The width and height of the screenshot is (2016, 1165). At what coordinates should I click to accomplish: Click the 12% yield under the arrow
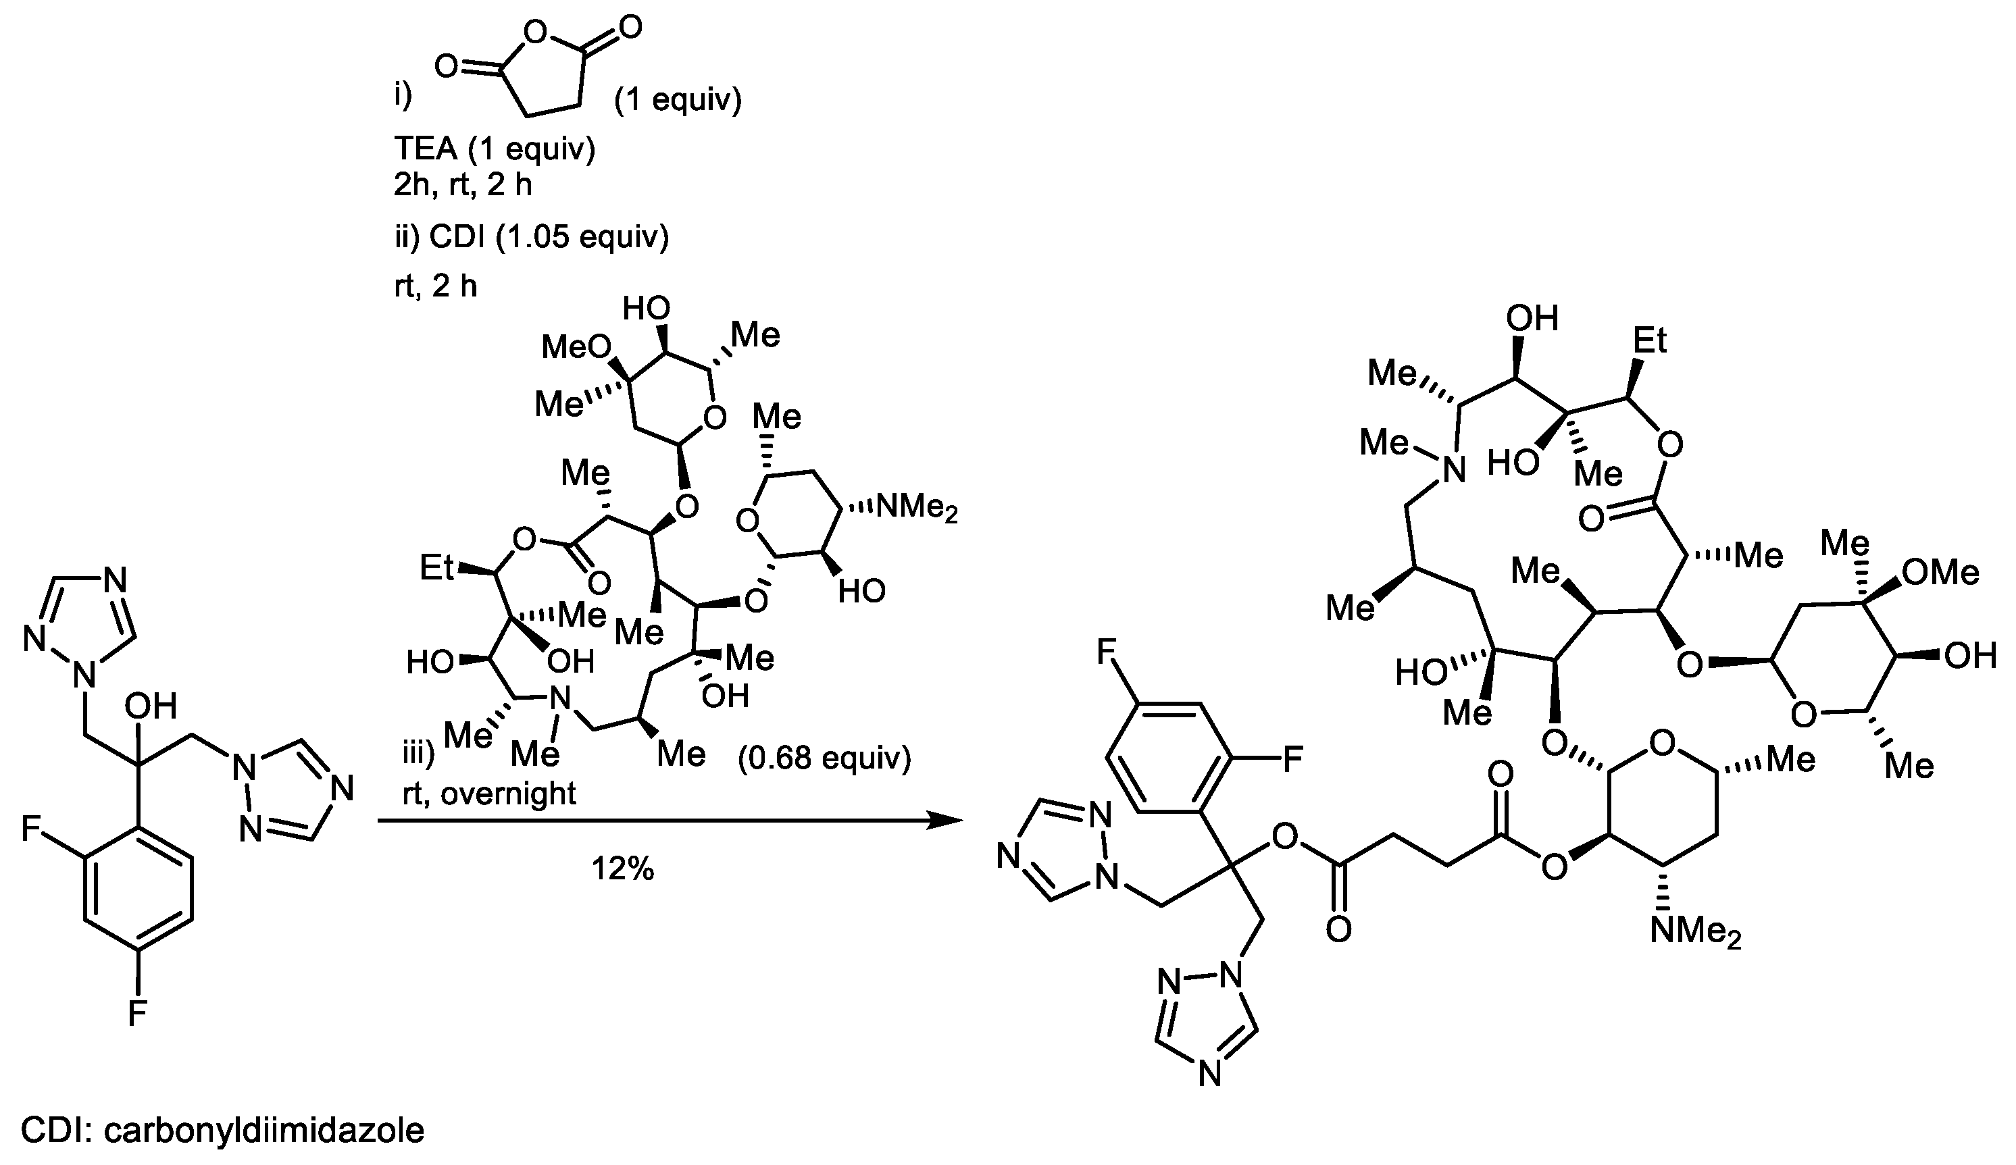coord(622,869)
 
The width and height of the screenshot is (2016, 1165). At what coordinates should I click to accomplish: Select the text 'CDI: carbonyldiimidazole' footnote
coord(222,1130)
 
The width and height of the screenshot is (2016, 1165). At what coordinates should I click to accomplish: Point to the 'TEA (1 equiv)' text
coord(495,149)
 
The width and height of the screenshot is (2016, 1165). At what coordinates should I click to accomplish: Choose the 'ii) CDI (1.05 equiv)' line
coord(530,238)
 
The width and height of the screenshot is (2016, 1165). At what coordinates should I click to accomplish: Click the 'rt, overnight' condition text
coord(489,793)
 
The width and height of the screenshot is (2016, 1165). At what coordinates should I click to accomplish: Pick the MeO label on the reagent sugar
coord(575,347)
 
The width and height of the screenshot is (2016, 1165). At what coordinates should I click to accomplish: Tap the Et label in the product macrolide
coord(1648,342)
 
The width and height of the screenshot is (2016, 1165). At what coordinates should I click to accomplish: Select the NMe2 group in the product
coord(1695,932)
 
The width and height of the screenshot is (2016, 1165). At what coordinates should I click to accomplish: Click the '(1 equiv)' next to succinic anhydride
coord(678,101)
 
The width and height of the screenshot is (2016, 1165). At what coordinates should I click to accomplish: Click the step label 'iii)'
coord(418,753)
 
